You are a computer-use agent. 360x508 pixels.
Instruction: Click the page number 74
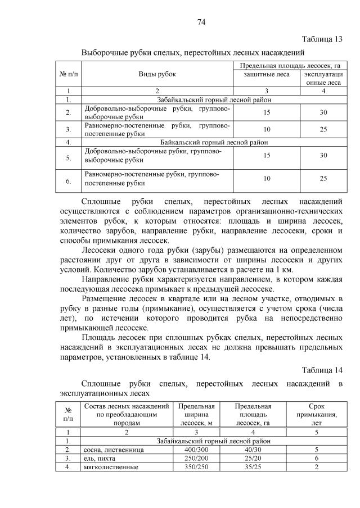tap(201, 22)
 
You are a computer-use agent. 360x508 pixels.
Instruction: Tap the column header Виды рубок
tap(157, 74)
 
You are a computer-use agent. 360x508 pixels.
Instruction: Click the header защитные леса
tap(267, 74)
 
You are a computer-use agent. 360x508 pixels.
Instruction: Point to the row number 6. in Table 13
tap(68, 181)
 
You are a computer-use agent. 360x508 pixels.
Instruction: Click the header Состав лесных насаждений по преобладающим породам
tap(126, 415)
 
